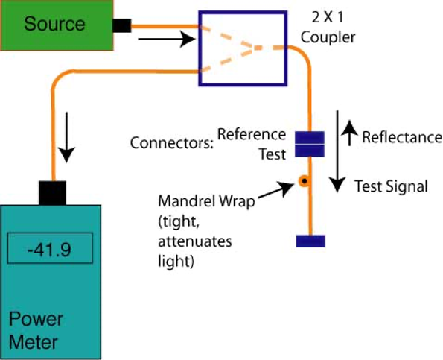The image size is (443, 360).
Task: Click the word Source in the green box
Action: [x=54, y=24]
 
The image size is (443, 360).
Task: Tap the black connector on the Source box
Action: [x=122, y=25]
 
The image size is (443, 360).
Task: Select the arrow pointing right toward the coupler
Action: [x=167, y=39]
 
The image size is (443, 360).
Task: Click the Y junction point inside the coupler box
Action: [x=252, y=48]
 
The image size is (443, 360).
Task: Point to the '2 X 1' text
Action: [x=328, y=18]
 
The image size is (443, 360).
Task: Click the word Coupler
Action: [x=328, y=37]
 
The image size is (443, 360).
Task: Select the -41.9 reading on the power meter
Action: [x=49, y=250]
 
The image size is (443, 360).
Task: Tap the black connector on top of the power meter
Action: [x=52, y=193]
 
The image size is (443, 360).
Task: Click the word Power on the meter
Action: [x=36, y=319]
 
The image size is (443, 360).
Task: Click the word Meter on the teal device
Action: [x=34, y=342]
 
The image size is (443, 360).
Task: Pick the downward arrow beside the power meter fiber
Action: [x=66, y=137]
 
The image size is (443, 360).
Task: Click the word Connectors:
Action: [x=171, y=143]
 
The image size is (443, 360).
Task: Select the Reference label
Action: [x=252, y=135]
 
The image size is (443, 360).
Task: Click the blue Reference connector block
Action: [x=310, y=138]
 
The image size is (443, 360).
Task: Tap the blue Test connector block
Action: [x=310, y=151]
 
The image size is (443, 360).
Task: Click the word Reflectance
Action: [x=402, y=137]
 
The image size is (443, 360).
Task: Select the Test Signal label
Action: [x=392, y=186]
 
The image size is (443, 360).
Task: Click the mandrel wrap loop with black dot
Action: [x=305, y=180]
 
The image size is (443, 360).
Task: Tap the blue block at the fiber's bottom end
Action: [x=310, y=241]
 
